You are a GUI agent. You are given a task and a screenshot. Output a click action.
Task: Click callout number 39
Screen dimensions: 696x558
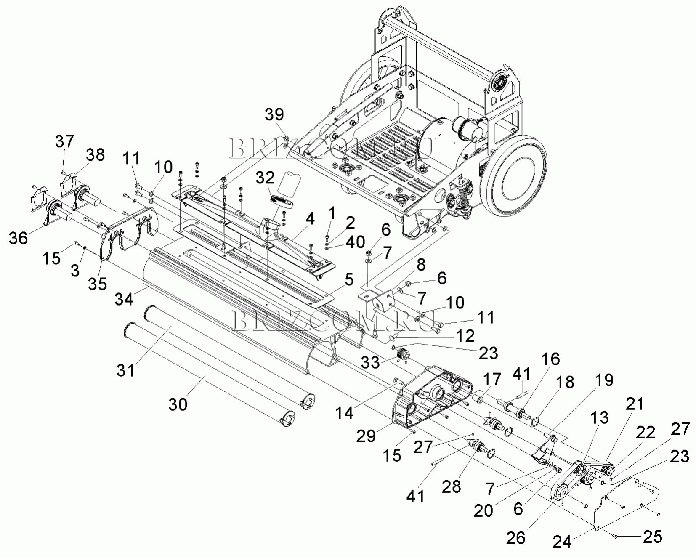[274, 114]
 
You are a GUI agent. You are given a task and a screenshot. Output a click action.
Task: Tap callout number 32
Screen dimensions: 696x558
[265, 178]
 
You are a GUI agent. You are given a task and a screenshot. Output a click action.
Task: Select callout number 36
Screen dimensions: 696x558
[18, 238]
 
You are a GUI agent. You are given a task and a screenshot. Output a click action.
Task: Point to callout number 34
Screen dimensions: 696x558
[124, 299]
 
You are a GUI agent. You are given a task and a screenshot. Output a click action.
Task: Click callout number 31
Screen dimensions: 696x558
[126, 370]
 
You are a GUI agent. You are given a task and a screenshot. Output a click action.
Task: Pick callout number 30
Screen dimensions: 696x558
[178, 404]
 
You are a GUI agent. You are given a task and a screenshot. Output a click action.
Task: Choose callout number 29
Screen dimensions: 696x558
[366, 436]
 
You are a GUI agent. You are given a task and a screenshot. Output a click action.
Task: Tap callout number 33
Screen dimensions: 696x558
[371, 362]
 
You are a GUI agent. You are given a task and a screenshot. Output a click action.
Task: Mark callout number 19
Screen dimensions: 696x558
[604, 380]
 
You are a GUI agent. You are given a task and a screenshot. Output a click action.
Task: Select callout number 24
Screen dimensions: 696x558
[562, 542]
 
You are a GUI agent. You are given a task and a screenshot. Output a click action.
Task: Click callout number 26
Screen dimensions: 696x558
[516, 538]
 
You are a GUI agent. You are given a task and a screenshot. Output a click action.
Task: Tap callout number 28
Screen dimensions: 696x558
[451, 487]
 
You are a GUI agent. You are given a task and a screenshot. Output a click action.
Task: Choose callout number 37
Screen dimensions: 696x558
[64, 141]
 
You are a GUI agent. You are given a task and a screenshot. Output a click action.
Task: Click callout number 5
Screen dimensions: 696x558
[349, 280]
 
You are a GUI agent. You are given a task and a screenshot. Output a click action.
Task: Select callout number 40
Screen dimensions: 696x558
[355, 242]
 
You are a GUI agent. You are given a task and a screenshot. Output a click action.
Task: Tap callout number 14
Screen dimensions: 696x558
[344, 413]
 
